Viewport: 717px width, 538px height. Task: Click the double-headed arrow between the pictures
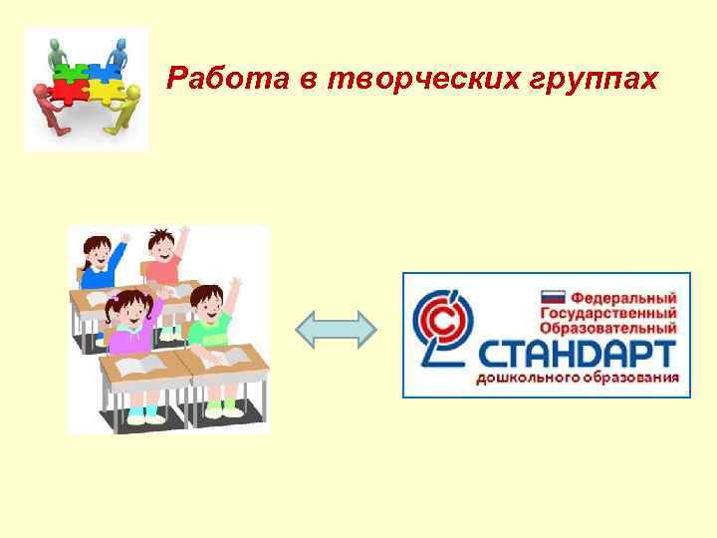click(337, 329)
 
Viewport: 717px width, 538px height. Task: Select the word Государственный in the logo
click(608, 312)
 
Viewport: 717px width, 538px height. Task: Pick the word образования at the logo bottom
click(627, 379)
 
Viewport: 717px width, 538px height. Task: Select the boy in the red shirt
click(163, 258)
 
